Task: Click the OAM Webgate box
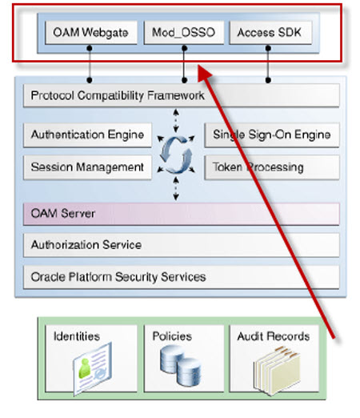(91, 32)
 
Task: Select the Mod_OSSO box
(184, 32)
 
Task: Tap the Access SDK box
(270, 32)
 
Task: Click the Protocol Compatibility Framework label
(118, 95)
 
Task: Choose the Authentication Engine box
(87, 135)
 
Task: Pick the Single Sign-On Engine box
(272, 135)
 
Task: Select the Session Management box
(87, 167)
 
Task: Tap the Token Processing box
(272, 167)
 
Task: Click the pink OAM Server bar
(182, 214)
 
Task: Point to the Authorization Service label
(86, 245)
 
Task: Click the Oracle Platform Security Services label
(118, 277)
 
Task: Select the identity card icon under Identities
(92, 368)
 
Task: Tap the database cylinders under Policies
(180, 365)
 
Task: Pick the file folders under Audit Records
(277, 371)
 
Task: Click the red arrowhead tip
(198, 65)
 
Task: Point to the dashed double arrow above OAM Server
(176, 189)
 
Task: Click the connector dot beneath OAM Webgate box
(90, 48)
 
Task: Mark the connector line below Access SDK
(268, 64)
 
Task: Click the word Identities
(77, 336)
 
